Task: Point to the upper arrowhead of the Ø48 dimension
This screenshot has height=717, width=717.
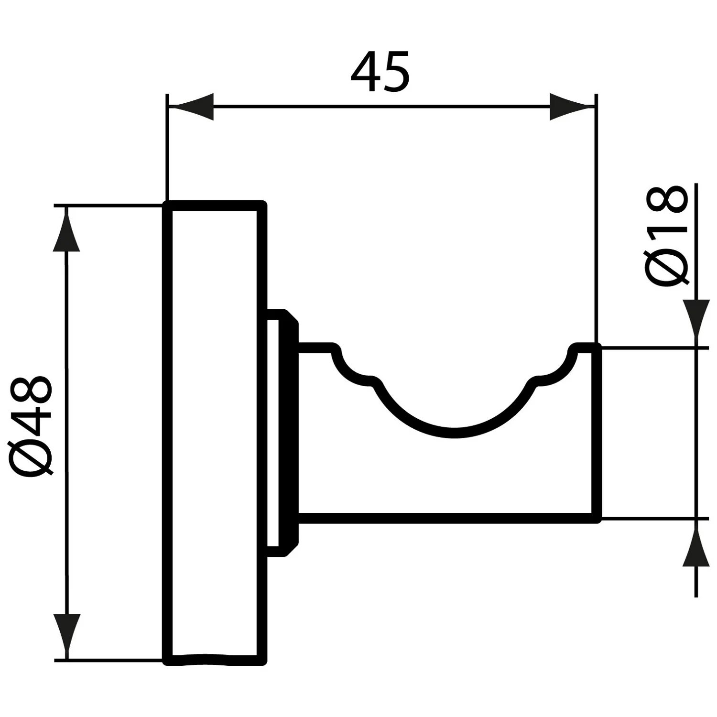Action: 66,232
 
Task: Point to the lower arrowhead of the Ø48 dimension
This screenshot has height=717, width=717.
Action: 66,633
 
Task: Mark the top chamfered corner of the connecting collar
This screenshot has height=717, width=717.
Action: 292,317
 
